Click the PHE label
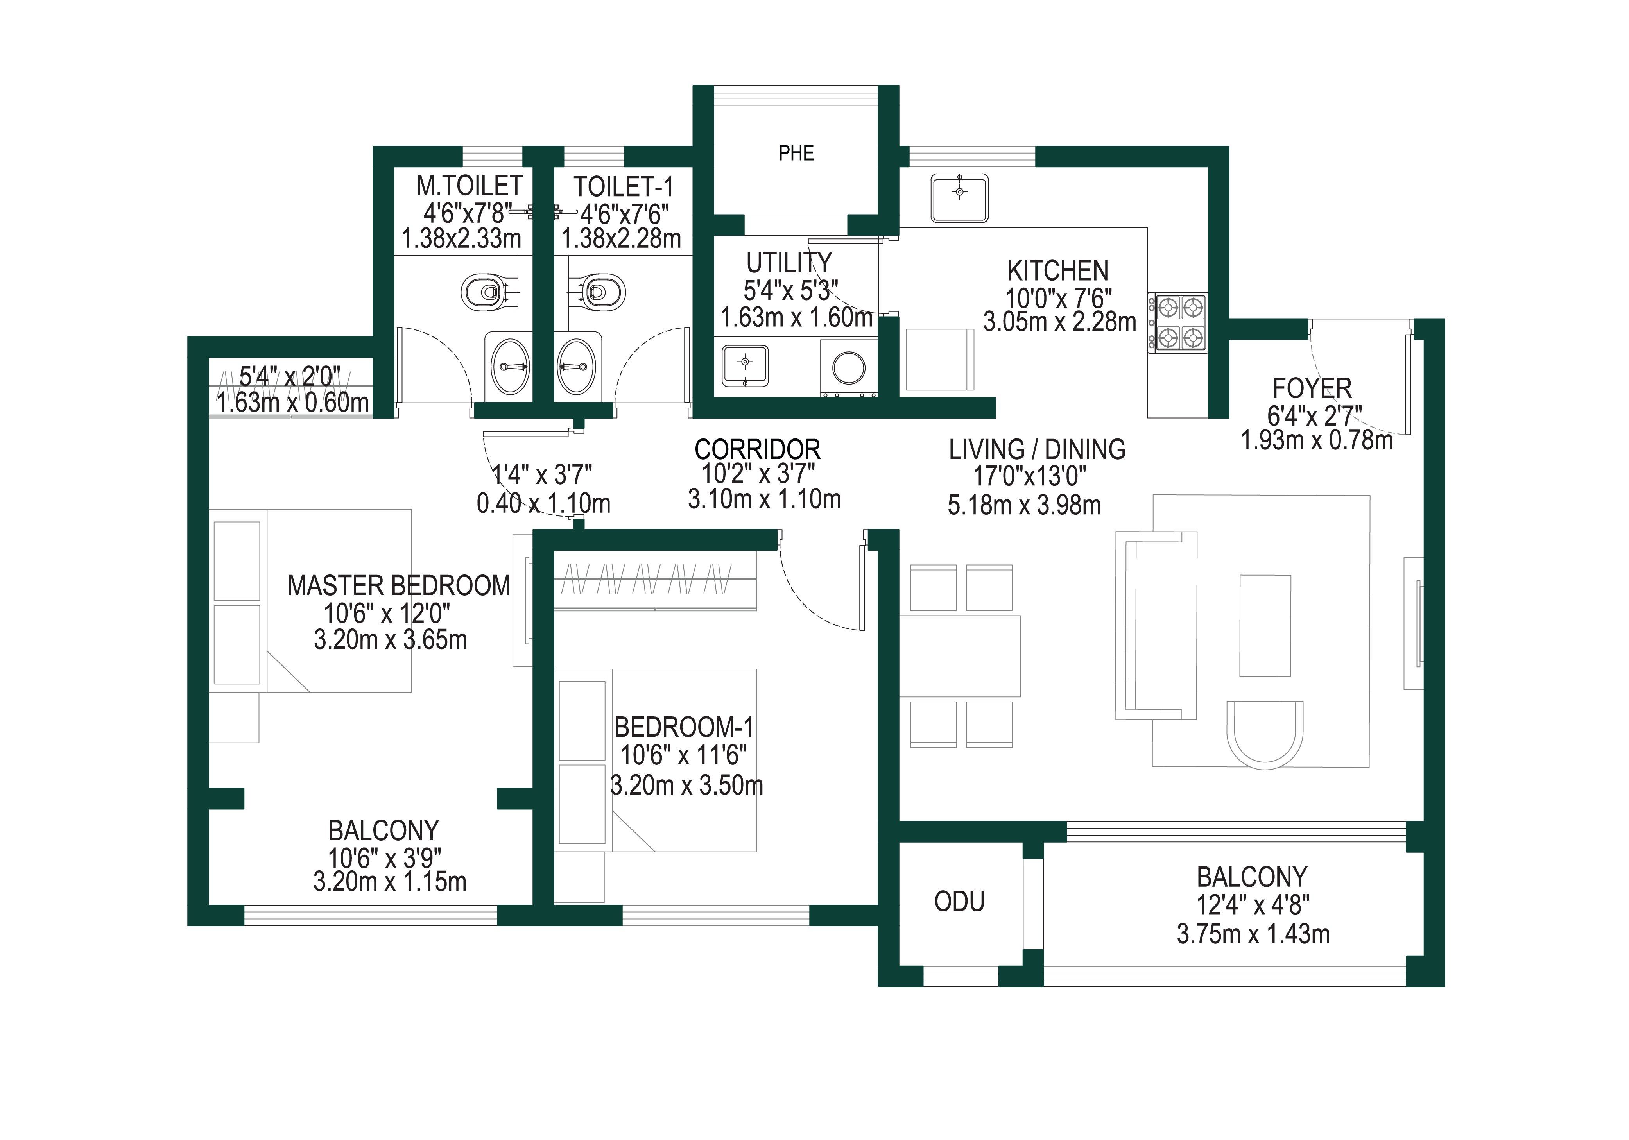796,153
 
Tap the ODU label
959,902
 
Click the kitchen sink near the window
959,198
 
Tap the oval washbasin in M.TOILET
511,366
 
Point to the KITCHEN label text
1057,271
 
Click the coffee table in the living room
1265,626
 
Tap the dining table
960,656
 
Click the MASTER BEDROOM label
399,586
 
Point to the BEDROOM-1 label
683,728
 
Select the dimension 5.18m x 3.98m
1024,505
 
